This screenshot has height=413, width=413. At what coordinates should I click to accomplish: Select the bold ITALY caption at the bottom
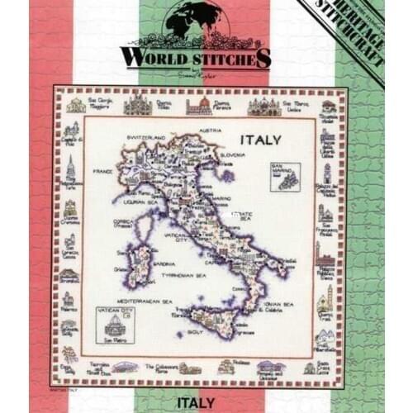196,402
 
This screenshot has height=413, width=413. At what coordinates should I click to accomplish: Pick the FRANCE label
102,171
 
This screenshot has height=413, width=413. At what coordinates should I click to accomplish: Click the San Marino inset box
284,175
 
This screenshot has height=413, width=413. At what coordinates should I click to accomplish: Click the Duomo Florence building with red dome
198,105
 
